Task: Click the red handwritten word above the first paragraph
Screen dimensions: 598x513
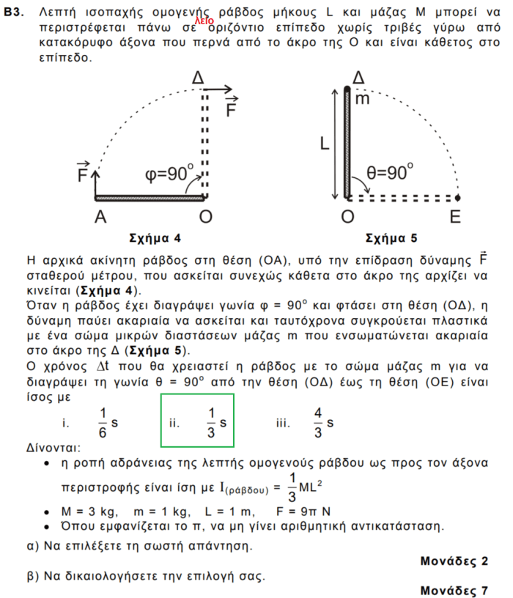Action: coord(204,21)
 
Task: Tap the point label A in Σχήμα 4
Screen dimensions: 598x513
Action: coord(100,216)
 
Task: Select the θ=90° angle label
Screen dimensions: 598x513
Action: coord(391,173)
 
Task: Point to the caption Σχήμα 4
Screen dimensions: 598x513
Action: coord(154,239)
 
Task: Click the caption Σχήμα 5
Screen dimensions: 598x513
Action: coord(391,239)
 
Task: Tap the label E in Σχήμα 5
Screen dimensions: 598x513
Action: coord(456,216)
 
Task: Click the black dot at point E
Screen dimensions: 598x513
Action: coord(457,197)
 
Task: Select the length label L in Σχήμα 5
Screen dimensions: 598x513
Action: coord(324,144)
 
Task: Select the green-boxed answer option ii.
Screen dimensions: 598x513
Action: coord(197,421)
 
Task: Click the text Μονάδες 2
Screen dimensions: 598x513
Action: coord(454,561)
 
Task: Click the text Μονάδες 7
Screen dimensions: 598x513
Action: coord(454,590)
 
